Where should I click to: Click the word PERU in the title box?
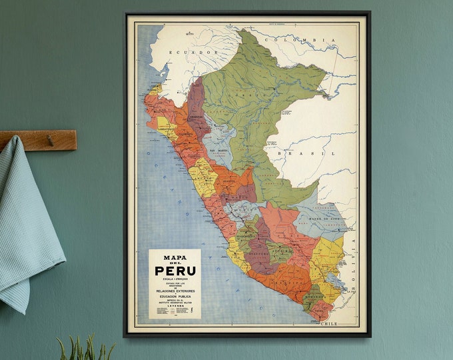pos(175,271)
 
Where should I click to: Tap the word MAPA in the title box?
pos(175,257)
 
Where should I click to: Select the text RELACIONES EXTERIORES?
pos(175,291)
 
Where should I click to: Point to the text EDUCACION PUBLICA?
pos(175,298)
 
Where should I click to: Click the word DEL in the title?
pos(175,263)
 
